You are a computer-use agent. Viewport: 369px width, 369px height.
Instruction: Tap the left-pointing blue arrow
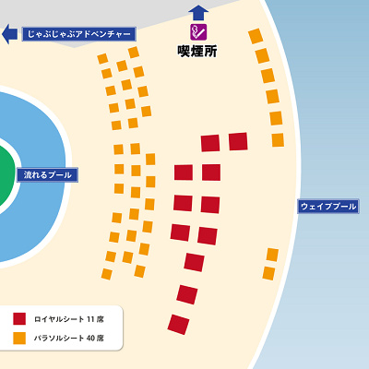[9, 34]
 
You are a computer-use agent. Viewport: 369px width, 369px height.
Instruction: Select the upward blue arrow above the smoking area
[198, 12]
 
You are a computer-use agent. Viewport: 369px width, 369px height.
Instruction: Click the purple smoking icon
[198, 31]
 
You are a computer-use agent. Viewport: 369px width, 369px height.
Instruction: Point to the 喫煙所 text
[197, 52]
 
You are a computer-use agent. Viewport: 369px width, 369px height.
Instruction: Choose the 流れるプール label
[46, 174]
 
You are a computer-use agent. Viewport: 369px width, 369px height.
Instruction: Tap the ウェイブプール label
[327, 207]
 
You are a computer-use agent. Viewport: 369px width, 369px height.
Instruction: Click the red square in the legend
[19, 318]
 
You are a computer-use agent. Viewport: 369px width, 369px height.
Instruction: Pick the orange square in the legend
[19, 338]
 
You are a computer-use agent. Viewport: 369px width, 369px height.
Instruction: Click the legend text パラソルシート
[57, 338]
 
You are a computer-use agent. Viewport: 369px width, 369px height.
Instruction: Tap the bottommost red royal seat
[178, 324]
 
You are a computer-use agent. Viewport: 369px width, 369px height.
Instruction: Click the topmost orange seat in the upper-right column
[256, 36]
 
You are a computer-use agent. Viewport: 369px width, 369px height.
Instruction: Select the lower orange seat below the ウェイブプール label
[268, 273]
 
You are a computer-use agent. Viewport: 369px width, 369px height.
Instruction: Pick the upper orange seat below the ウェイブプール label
[272, 255]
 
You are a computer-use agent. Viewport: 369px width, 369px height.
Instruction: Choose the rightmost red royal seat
[238, 141]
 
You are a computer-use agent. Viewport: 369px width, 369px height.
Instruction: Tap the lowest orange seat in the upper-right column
[278, 139]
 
